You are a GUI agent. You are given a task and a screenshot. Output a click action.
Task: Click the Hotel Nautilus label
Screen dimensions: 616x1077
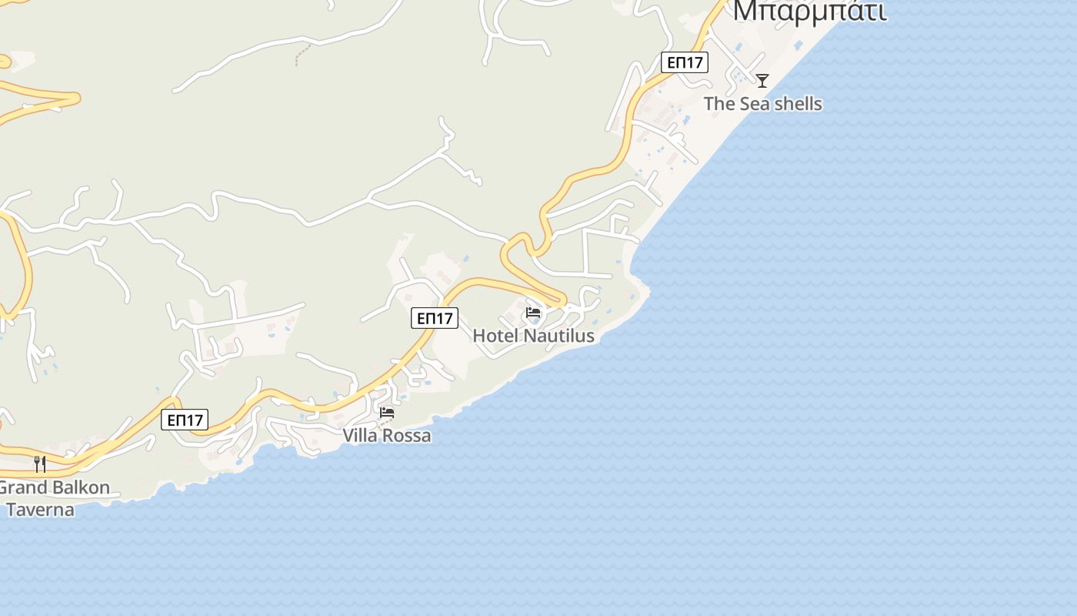tap(533, 336)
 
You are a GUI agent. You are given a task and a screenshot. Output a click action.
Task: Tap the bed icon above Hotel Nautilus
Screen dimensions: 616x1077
tap(533, 313)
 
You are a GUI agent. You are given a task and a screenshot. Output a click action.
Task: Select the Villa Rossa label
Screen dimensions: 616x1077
tap(386, 436)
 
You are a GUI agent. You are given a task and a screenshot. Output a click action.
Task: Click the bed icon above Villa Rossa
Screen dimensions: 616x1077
tap(387, 413)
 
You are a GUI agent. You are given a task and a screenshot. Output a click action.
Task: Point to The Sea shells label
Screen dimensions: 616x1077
tap(762, 104)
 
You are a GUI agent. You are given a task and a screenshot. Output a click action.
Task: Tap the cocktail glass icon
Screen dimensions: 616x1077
tap(762, 80)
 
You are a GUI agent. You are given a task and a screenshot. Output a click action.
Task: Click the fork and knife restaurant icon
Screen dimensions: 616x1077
tap(40, 464)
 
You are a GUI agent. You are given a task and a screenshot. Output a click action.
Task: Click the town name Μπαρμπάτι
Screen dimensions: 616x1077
tap(809, 12)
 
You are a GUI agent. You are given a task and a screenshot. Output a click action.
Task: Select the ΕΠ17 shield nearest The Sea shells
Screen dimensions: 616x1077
tap(685, 62)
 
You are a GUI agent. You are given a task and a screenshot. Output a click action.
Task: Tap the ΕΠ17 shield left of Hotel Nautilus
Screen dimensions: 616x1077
tap(435, 317)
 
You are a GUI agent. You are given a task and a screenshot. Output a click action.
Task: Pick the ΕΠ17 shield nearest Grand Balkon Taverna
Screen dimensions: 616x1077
tap(185, 420)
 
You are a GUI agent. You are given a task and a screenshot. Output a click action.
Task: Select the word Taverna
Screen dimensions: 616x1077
tap(40, 509)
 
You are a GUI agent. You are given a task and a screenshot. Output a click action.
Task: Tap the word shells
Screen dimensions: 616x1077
tap(797, 104)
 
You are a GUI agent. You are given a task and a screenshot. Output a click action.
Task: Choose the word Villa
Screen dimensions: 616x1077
tap(360, 436)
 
